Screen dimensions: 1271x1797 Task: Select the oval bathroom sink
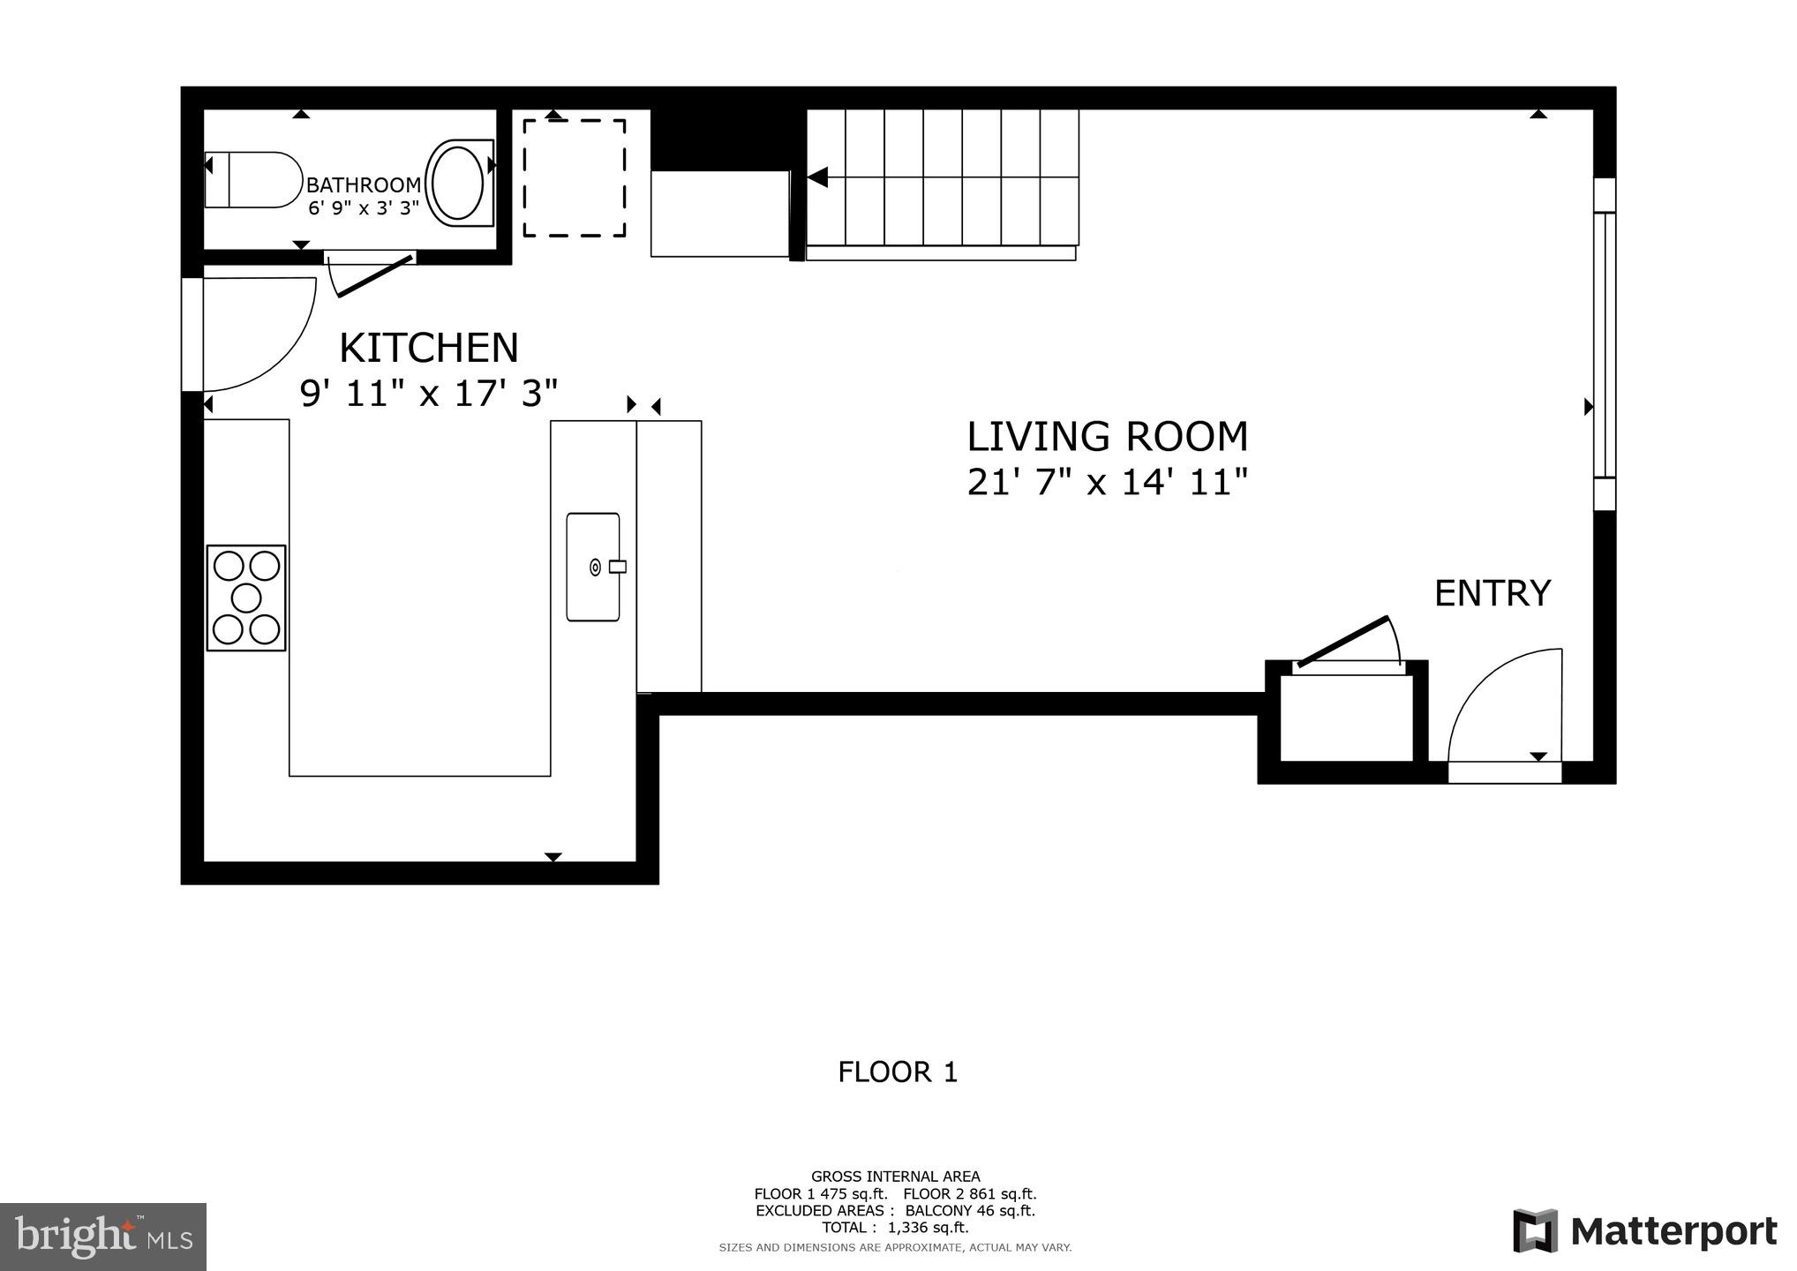click(455, 183)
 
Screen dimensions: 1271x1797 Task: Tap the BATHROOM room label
click(364, 185)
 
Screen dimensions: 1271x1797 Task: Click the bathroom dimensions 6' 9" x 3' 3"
click(364, 209)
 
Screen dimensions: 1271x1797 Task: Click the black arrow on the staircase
click(817, 177)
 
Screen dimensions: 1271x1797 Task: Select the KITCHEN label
click(429, 348)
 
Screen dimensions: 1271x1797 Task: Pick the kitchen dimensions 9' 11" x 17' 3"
click(429, 394)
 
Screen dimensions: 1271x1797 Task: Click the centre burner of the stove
click(246, 598)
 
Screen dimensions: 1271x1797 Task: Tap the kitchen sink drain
click(596, 568)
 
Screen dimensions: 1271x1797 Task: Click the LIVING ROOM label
click(1108, 437)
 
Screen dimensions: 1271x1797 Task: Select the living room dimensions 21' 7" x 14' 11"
click(1108, 483)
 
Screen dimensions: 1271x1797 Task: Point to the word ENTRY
click(1492, 593)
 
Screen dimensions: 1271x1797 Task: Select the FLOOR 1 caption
click(898, 1072)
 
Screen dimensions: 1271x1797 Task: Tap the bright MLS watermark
click(103, 1237)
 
